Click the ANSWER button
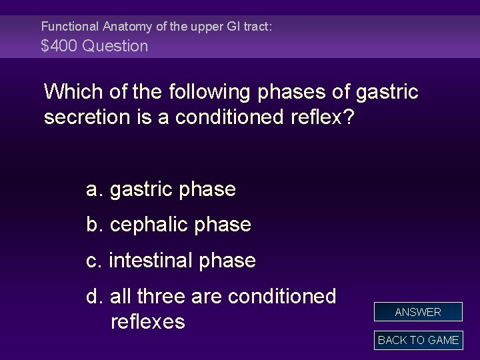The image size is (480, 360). [418, 312]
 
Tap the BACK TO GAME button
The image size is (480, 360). [418, 340]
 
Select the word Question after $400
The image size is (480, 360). [115, 46]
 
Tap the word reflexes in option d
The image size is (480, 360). [147, 322]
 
